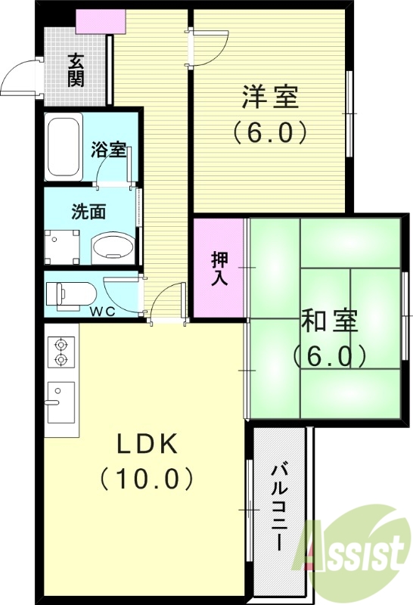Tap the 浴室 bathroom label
(109, 149)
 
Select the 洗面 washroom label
(88, 212)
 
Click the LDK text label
(147, 445)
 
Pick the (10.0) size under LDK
(147, 478)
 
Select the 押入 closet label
(219, 267)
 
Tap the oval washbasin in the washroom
(112, 246)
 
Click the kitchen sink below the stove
(61, 402)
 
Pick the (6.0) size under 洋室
(269, 133)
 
